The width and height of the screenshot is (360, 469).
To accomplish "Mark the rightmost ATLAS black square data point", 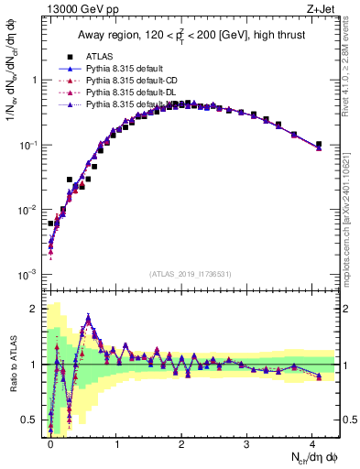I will point(318,144).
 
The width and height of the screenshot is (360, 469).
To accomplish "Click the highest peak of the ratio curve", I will point(88,317).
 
